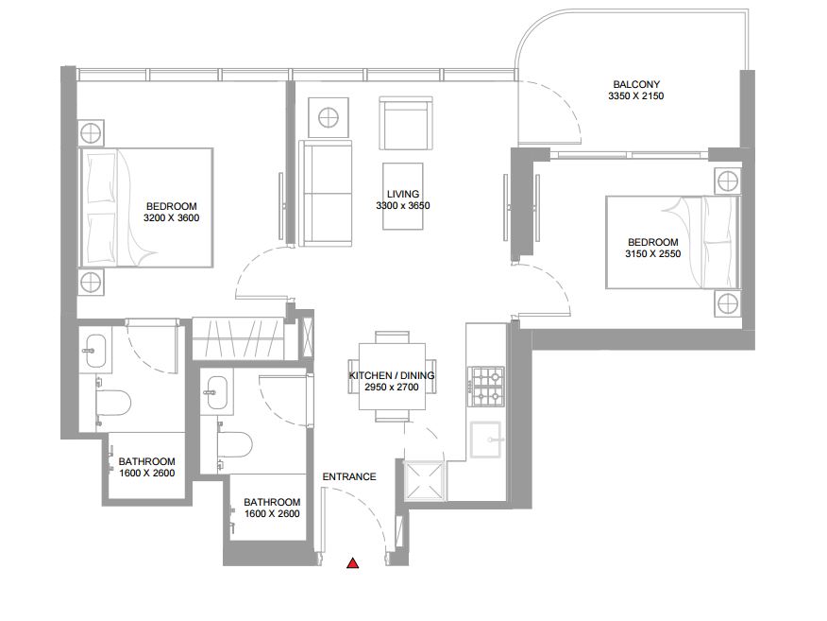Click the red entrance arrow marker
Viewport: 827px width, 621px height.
353,563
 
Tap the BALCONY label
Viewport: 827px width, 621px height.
636,84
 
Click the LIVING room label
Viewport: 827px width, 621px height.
403,194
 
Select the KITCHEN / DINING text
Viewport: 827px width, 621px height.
392,375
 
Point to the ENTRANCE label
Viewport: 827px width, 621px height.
349,476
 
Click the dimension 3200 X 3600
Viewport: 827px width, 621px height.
172,218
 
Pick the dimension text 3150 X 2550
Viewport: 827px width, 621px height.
653,254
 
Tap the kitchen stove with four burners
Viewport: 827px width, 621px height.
488,386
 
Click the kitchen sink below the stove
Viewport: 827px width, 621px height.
485,439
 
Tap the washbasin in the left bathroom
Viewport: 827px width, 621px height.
95,350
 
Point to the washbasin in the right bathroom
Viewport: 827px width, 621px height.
217,392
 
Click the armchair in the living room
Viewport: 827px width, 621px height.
406,123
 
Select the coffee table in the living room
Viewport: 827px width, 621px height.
403,197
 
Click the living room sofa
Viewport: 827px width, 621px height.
326,193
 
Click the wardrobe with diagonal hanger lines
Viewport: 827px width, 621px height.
239,338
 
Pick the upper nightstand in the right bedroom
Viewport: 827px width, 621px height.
728,181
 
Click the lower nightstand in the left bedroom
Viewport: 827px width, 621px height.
92,282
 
